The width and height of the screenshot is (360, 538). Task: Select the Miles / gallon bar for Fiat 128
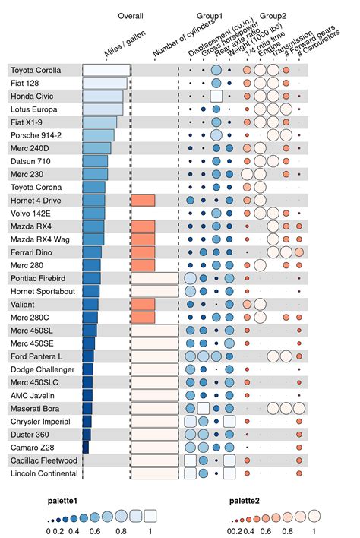(x=105, y=83)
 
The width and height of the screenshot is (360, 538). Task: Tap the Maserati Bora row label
(x=34, y=409)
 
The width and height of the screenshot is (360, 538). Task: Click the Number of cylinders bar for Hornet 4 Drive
(x=143, y=200)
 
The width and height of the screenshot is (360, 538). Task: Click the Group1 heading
(x=210, y=15)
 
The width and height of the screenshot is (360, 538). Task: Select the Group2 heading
(x=273, y=15)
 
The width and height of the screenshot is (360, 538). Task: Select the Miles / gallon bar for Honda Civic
(x=103, y=96)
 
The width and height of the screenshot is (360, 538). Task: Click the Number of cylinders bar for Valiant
(x=143, y=304)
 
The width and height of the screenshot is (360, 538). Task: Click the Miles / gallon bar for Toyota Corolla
(x=106, y=70)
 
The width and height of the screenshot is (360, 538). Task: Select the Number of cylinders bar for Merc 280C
(x=143, y=317)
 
